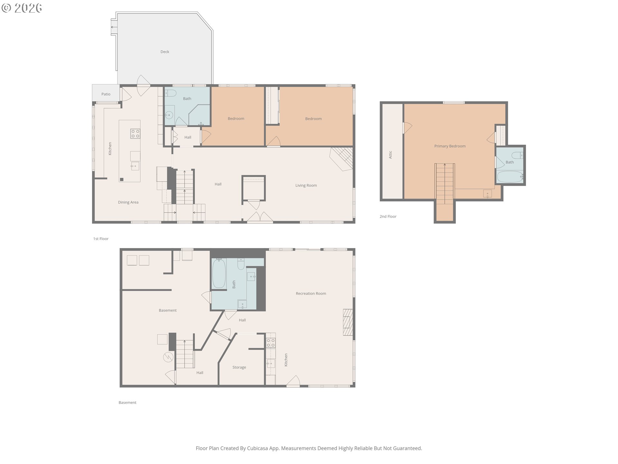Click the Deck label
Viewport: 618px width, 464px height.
coord(165,52)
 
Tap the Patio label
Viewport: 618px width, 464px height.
coord(106,94)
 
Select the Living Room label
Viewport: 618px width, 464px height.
coord(306,185)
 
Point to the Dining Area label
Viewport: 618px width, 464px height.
coord(128,202)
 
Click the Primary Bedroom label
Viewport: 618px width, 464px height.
coord(450,146)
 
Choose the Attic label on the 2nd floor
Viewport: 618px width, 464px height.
coord(390,155)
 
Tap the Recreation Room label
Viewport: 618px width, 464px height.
coord(311,294)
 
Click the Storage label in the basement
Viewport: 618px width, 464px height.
coord(239,367)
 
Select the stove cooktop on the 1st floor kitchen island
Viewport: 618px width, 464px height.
coord(135,133)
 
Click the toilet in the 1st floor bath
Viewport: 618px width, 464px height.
coord(171,93)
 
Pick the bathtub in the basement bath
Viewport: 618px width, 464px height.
coord(219,273)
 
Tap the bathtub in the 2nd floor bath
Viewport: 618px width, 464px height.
coord(510,177)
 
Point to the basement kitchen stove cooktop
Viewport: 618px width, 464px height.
coord(271,343)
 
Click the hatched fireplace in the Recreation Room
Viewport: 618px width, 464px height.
coord(348,323)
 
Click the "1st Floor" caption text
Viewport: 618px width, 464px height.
coord(101,239)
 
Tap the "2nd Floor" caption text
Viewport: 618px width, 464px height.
coord(388,217)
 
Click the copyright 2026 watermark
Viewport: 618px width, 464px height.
coord(22,8)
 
